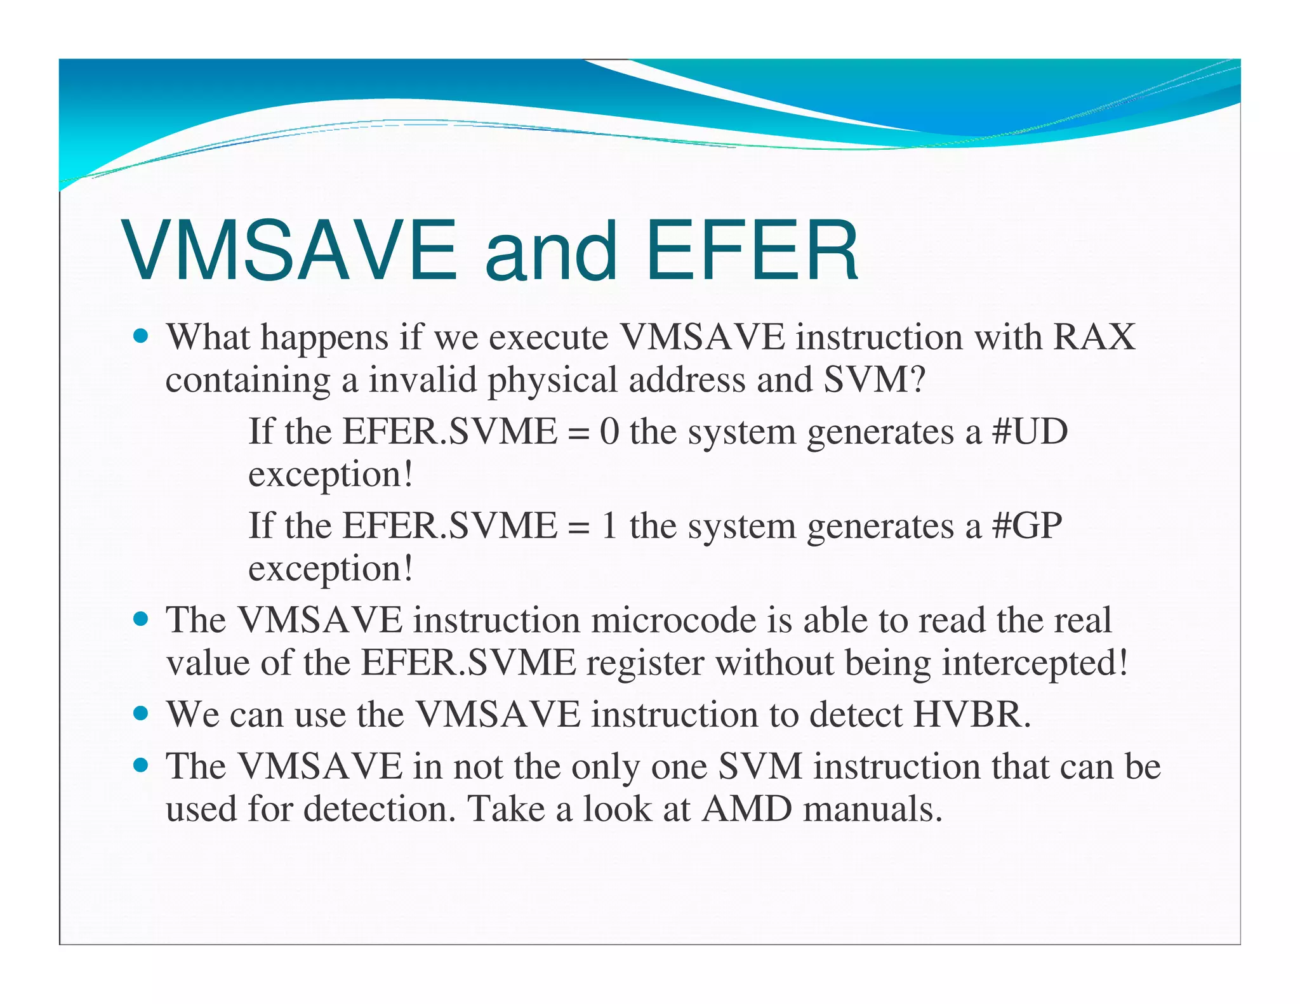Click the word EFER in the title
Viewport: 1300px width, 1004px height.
[752, 250]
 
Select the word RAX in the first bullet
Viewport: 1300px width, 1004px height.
[1094, 337]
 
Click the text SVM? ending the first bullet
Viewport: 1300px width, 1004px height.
[875, 380]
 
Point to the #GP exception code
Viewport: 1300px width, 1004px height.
[1026, 525]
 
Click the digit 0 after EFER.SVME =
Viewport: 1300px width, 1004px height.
[609, 432]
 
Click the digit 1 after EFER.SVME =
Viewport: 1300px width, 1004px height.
[609, 525]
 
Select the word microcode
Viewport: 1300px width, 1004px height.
[673, 620]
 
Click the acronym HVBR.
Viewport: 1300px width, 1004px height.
[972, 715]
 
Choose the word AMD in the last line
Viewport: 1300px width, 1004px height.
[746, 809]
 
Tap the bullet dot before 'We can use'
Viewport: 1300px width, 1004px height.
[141, 713]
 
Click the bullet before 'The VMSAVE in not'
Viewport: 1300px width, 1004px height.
[141, 765]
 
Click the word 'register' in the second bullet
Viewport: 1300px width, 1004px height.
[645, 663]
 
